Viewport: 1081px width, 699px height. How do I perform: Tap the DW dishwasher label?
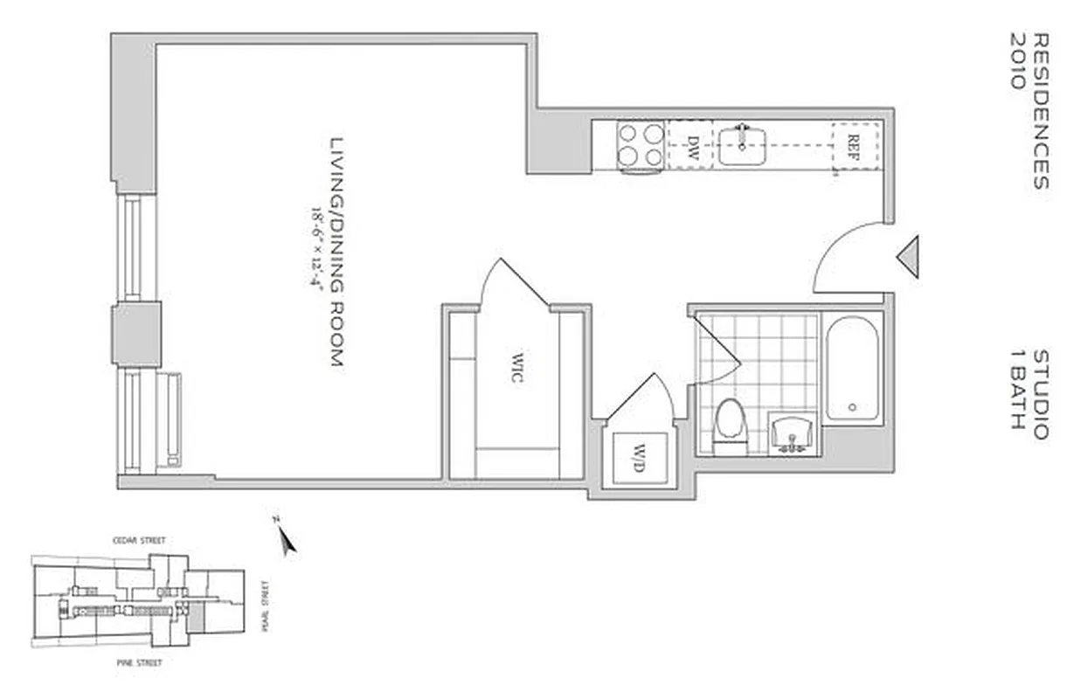coord(692,145)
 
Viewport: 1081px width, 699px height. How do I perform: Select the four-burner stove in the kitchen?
coord(641,145)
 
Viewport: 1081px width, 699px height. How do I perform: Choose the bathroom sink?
coord(794,433)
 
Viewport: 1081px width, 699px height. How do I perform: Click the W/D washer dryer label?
coord(640,456)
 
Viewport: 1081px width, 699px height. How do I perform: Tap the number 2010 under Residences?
coord(1017,61)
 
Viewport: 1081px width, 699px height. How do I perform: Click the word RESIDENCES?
coord(1040,111)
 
